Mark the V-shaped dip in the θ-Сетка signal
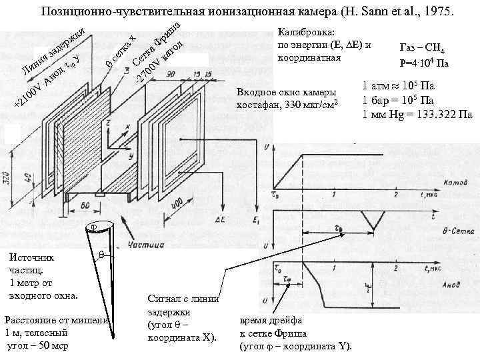point(368,221)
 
